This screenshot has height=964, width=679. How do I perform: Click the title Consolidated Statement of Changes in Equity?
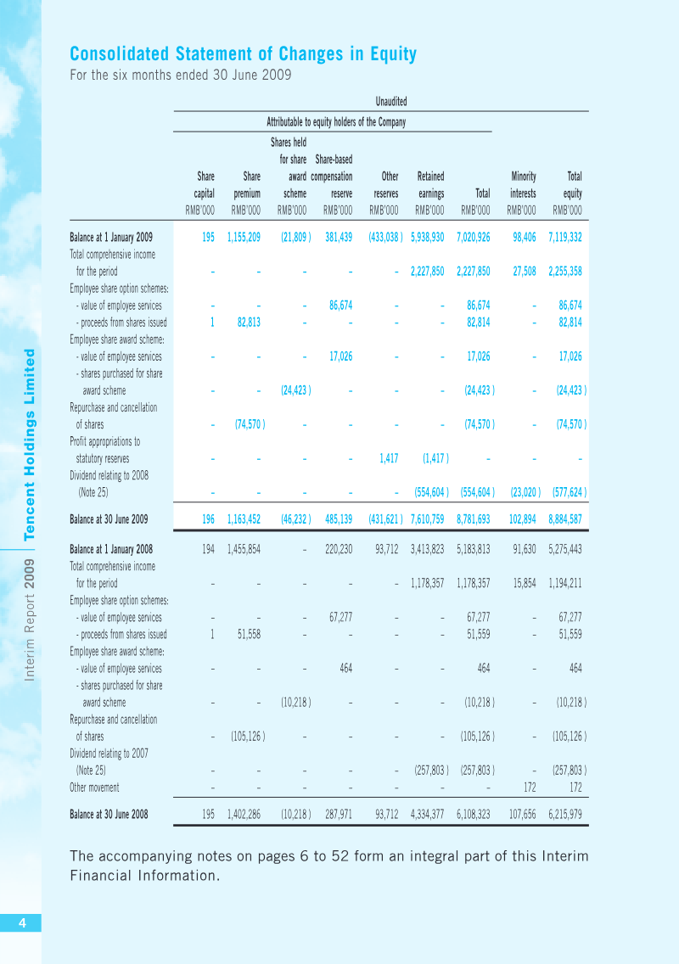pyautogui.click(x=243, y=54)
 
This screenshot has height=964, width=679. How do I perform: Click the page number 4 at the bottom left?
pyautogui.click(x=22, y=922)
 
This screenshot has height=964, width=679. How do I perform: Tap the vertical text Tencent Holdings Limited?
pyautogui.click(x=29, y=445)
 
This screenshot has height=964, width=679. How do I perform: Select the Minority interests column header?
pyautogui.click(x=523, y=184)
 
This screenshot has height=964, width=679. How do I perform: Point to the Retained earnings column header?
pyautogui.click(x=430, y=184)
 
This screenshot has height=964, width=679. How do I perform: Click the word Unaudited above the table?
pyautogui.click(x=391, y=102)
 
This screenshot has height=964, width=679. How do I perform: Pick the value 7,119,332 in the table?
pyautogui.click(x=565, y=238)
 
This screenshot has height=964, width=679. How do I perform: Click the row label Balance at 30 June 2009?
pyautogui.click(x=109, y=519)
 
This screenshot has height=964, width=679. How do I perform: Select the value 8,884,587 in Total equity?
pyautogui.click(x=565, y=519)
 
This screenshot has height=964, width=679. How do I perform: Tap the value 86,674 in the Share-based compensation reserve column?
pyautogui.click(x=340, y=305)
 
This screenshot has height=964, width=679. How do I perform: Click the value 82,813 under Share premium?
pyautogui.click(x=249, y=322)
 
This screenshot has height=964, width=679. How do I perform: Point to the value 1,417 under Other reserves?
pyautogui.click(x=389, y=458)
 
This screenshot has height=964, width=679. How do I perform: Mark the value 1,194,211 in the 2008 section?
pyautogui.click(x=565, y=584)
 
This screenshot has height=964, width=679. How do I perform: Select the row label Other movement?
pyautogui.click(x=94, y=787)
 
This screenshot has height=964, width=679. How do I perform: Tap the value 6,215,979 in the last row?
pyautogui.click(x=565, y=815)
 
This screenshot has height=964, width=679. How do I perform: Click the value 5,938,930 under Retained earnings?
pyautogui.click(x=428, y=238)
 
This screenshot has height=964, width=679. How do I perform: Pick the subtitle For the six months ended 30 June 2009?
pyautogui.click(x=181, y=75)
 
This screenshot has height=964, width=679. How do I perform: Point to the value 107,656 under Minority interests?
pyautogui.click(x=522, y=815)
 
